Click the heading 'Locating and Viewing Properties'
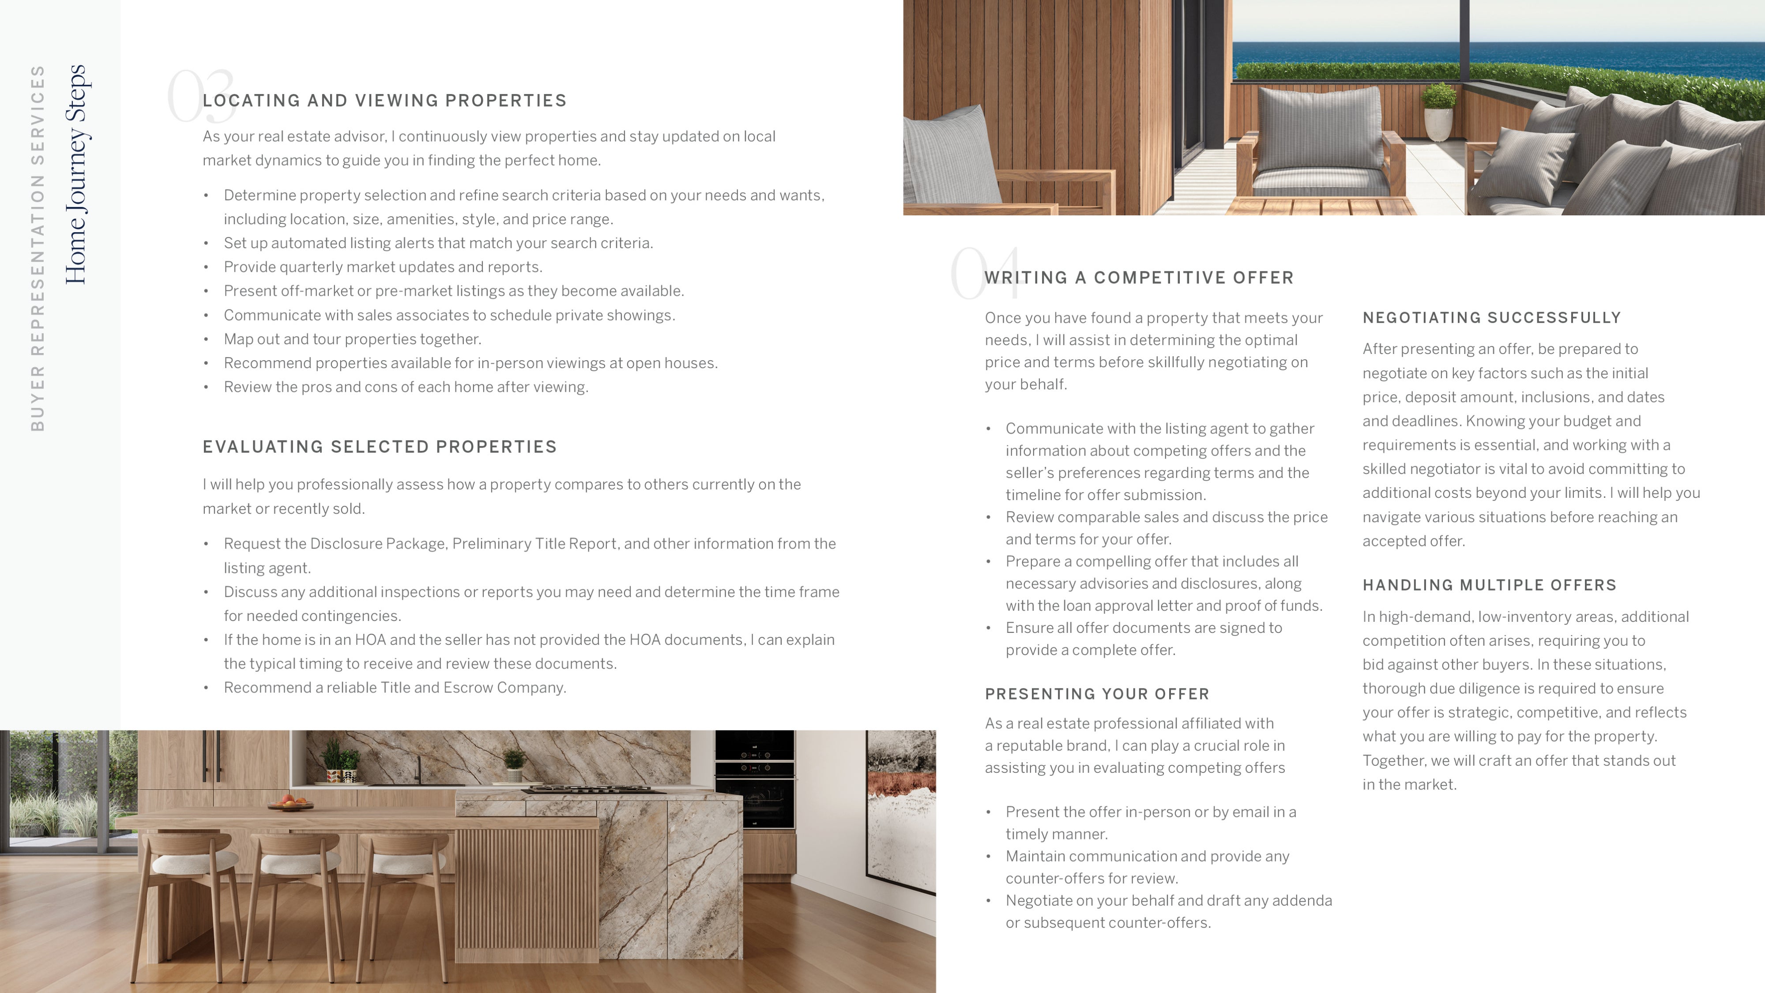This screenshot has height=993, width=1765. (x=384, y=101)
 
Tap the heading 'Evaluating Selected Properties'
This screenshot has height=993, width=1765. (x=380, y=447)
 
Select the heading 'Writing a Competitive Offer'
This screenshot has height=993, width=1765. (x=1139, y=278)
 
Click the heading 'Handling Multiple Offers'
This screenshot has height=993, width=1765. (x=1489, y=585)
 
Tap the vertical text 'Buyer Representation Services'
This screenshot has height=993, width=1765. (x=38, y=248)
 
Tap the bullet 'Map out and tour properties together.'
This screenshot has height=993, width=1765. (x=352, y=339)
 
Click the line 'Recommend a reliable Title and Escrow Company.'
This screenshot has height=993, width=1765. (x=395, y=687)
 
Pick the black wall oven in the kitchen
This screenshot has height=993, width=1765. (x=754, y=781)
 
